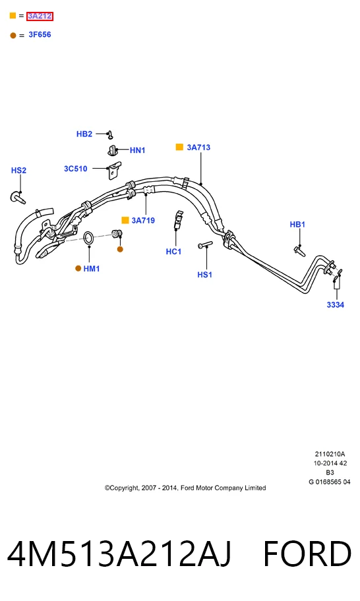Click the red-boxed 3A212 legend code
pyautogui.click(x=40, y=16)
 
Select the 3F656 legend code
pyautogui.click(x=40, y=34)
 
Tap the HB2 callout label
pyautogui.click(x=84, y=134)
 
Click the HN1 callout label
pyautogui.click(x=138, y=150)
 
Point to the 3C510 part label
pyautogui.click(x=76, y=169)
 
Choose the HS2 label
pyautogui.click(x=18, y=170)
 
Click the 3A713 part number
pyautogui.click(x=198, y=147)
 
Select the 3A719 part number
pyautogui.click(x=143, y=220)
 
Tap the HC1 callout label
pyautogui.click(x=173, y=252)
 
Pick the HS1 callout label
pyautogui.click(x=205, y=274)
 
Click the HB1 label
pyautogui.click(x=297, y=224)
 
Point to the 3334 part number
pyautogui.click(x=336, y=304)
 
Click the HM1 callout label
pyautogui.click(x=92, y=269)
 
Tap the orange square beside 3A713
pyautogui.click(x=179, y=147)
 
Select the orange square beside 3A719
pyautogui.click(x=125, y=220)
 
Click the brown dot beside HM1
pyautogui.click(x=78, y=269)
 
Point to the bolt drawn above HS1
pyautogui.click(x=205, y=244)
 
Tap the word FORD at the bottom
pyautogui.click(x=307, y=554)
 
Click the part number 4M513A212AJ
pyautogui.click(x=119, y=554)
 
